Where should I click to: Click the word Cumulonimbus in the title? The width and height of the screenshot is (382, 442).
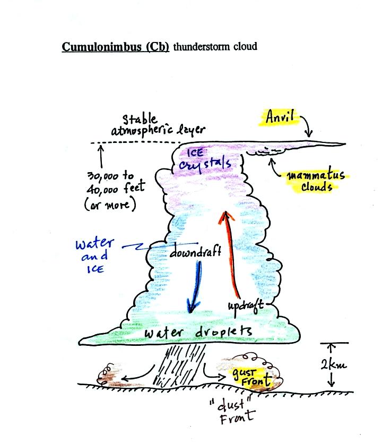click(x=102, y=47)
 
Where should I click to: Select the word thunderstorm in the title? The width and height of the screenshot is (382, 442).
click(x=202, y=47)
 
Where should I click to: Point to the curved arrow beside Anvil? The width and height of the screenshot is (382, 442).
click(x=308, y=125)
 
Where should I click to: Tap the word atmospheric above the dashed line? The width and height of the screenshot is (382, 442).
click(x=142, y=131)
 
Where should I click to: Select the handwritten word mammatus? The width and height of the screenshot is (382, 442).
click(x=316, y=175)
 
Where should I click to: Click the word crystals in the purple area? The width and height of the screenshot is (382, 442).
click(x=205, y=164)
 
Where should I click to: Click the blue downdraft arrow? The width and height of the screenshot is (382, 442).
click(x=195, y=287)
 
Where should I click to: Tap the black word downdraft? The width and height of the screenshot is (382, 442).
click(x=195, y=251)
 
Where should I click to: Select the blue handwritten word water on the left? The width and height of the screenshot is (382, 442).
click(x=94, y=243)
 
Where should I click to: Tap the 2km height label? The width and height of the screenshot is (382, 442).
click(x=334, y=365)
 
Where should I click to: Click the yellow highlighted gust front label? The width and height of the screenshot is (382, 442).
click(x=251, y=377)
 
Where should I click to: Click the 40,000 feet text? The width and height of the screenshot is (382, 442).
click(x=116, y=188)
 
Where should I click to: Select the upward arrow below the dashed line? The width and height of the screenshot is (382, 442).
click(x=101, y=157)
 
